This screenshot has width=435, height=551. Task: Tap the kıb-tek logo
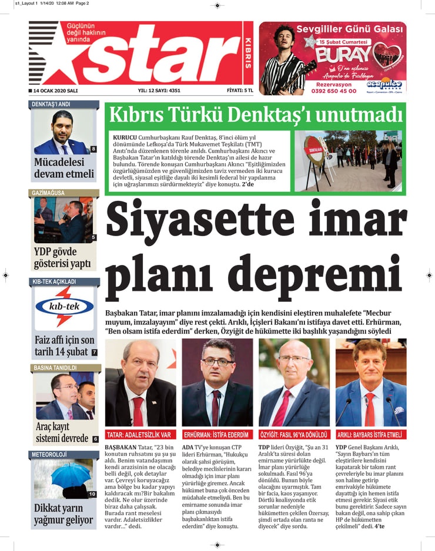64,307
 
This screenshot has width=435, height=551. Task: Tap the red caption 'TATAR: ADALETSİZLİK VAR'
139,435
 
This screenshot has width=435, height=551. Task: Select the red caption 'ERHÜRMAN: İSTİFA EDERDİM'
216,435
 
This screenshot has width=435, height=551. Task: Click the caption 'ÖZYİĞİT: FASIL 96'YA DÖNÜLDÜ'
295,435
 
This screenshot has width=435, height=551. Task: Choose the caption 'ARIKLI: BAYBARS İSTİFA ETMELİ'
370,435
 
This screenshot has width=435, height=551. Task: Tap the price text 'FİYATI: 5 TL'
240,91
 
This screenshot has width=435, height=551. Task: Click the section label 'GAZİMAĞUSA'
47,193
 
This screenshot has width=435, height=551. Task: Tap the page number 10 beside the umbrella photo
92,494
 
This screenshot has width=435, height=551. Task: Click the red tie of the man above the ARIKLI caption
370,409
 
